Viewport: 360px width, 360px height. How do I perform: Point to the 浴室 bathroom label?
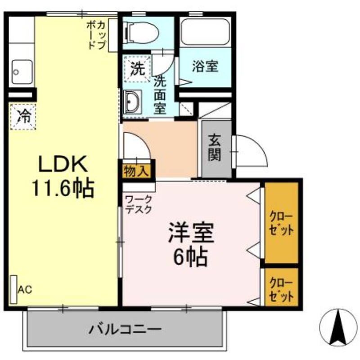[x=205, y=67]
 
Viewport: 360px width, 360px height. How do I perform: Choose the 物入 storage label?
[x=136, y=171]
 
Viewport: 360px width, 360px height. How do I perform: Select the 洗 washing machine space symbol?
[x=137, y=68]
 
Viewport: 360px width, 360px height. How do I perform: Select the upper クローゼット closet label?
[x=282, y=223]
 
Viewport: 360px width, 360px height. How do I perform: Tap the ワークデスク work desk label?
[x=139, y=204]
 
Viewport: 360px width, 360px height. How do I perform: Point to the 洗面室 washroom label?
[x=160, y=95]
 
